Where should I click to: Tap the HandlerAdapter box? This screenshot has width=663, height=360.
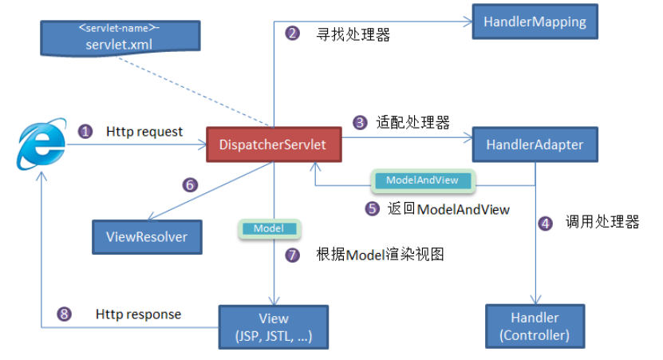(x=535, y=145)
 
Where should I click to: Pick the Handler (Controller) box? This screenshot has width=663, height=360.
(x=535, y=326)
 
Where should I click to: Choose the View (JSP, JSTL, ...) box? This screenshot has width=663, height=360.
(x=274, y=326)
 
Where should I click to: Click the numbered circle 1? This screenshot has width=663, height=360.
(x=85, y=131)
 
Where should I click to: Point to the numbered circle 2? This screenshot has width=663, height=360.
(x=292, y=34)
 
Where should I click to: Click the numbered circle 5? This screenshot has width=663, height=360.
(x=371, y=209)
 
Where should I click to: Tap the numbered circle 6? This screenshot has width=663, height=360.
(x=189, y=184)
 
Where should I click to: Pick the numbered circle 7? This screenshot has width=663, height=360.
(x=292, y=255)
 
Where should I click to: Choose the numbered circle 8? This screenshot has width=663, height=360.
(x=64, y=314)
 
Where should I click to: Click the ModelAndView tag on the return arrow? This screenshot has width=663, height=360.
(x=422, y=180)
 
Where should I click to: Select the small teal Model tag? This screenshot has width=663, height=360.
(x=269, y=229)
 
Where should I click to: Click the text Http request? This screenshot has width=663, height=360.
(x=144, y=131)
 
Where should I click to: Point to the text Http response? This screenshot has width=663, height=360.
(x=138, y=314)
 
